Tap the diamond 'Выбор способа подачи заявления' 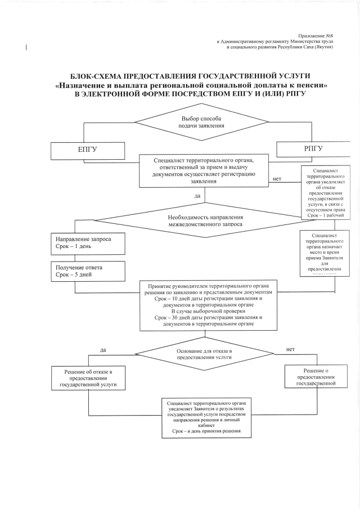196,123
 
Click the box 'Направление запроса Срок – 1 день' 87,243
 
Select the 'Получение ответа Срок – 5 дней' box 87,271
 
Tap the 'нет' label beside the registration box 277,179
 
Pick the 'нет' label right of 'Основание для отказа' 290,349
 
